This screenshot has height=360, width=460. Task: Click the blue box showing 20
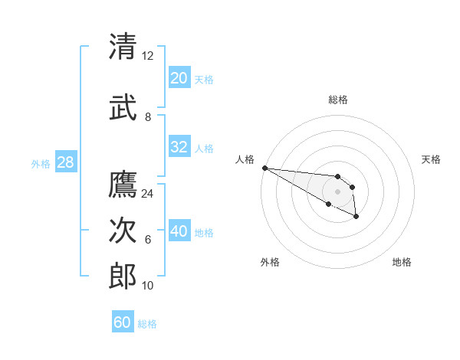tap(179, 78)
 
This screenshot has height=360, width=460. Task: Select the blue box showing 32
tap(179, 148)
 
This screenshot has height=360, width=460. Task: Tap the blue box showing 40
tap(179, 232)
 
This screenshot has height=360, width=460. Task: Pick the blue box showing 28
tap(65, 163)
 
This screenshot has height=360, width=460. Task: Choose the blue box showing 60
tap(123, 322)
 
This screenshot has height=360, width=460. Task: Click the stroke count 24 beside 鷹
tap(148, 194)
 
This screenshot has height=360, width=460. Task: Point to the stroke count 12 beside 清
tap(148, 55)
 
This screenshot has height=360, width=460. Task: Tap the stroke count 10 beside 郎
tap(148, 285)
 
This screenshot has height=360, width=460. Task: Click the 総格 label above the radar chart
tap(337, 100)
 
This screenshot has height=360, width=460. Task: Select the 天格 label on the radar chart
tap(431, 159)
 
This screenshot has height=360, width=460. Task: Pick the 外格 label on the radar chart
tap(270, 262)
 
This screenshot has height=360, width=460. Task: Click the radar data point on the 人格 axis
tap(264, 168)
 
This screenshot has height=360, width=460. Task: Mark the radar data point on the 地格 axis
tap(356, 218)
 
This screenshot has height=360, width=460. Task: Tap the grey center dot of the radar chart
tap(337, 191)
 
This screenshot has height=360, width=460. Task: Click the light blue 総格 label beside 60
tap(147, 324)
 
